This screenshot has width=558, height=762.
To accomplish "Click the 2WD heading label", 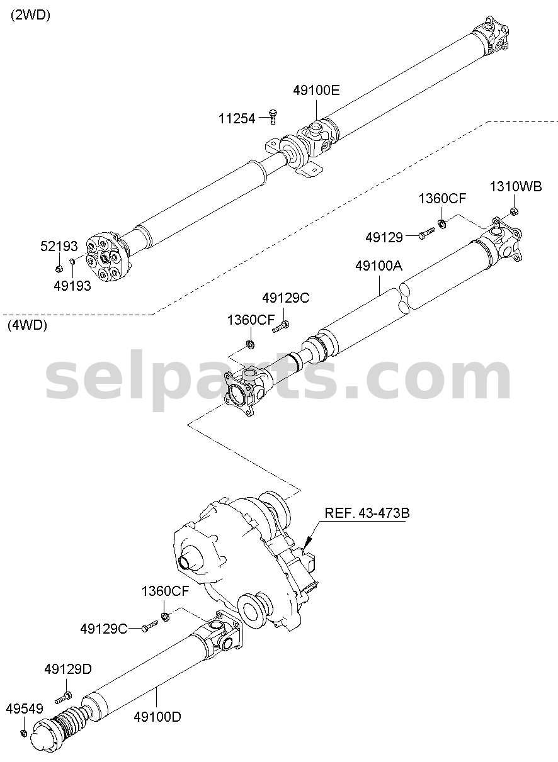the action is (31, 15).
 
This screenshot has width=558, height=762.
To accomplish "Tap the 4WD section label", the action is (27, 325).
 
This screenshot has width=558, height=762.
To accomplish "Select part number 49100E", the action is (316, 91).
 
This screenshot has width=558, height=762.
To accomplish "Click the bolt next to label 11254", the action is (272, 118).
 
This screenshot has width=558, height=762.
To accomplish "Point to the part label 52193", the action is (59, 246).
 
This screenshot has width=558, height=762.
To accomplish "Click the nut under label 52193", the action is (59, 269).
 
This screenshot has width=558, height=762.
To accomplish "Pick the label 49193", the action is (72, 286).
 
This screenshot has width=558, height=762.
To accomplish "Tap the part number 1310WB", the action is (516, 187).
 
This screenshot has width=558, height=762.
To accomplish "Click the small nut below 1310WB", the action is (515, 211).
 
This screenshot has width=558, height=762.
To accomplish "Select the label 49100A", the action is (379, 266).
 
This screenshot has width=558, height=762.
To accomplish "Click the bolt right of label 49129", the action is (426, 233).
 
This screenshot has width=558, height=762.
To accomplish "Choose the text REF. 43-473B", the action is (367, 513).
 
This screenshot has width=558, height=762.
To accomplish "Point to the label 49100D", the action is (157, 717).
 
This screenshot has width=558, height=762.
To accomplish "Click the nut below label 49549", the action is (24, 732).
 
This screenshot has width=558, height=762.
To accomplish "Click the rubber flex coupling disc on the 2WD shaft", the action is (107, 258).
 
